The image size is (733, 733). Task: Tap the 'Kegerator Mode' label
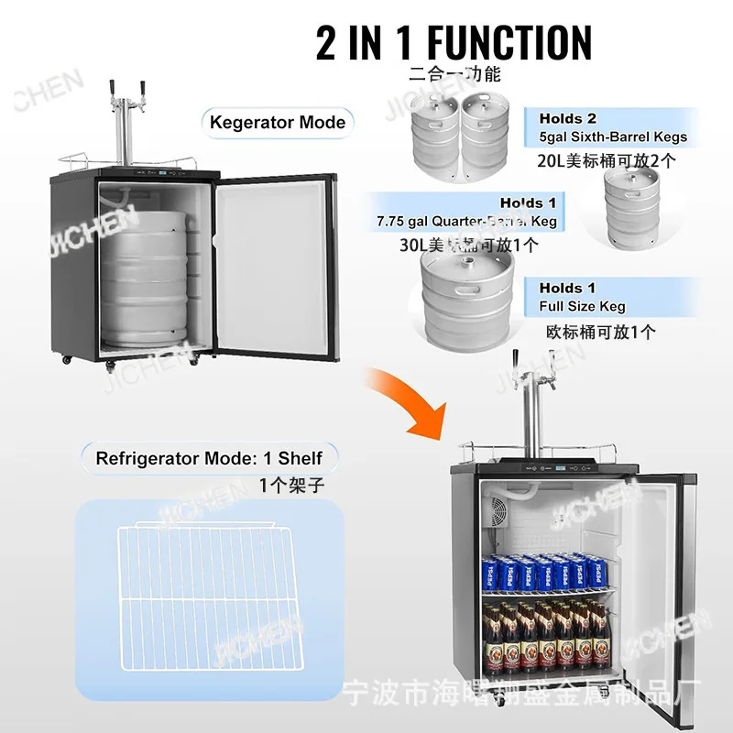point(277,122)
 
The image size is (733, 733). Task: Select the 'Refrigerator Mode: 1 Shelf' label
point(209,457)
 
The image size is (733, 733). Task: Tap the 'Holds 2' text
point(567,118)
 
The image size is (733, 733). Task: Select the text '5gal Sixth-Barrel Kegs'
point(612,137)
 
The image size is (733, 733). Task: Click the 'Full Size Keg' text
point(582,306)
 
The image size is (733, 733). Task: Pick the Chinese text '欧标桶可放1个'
point(600,332)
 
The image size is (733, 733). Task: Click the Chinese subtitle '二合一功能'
point(454,75)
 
